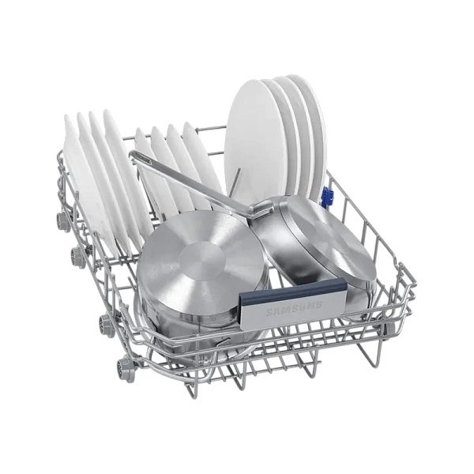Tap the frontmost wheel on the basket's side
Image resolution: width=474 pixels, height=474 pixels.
[x=122, y=366]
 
